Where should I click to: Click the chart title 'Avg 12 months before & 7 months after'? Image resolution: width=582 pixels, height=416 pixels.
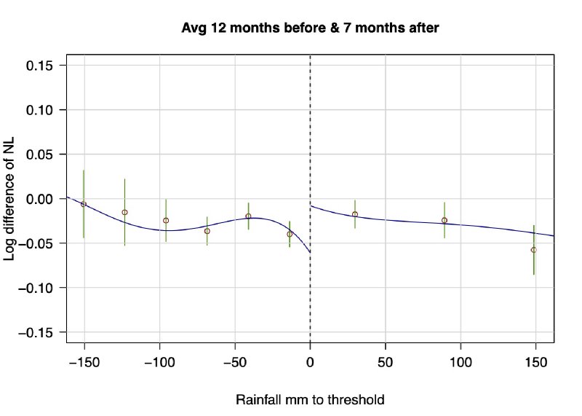click(311, 28)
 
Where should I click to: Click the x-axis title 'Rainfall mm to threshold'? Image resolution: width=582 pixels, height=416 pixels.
click(310, 400)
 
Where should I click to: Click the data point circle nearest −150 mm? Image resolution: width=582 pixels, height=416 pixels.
click(84, 204)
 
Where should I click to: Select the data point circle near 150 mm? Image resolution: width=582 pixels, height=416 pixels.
click(534, 250)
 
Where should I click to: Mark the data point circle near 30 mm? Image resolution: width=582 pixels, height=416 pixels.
click(355, 214)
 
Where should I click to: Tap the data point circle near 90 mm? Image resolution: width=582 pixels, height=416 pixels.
click(445, 220)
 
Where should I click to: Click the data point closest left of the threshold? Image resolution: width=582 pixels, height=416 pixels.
click(290, 234)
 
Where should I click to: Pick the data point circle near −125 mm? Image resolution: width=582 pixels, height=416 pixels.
click(124, 212)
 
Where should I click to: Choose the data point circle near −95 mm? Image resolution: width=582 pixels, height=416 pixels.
click(166, 220)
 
